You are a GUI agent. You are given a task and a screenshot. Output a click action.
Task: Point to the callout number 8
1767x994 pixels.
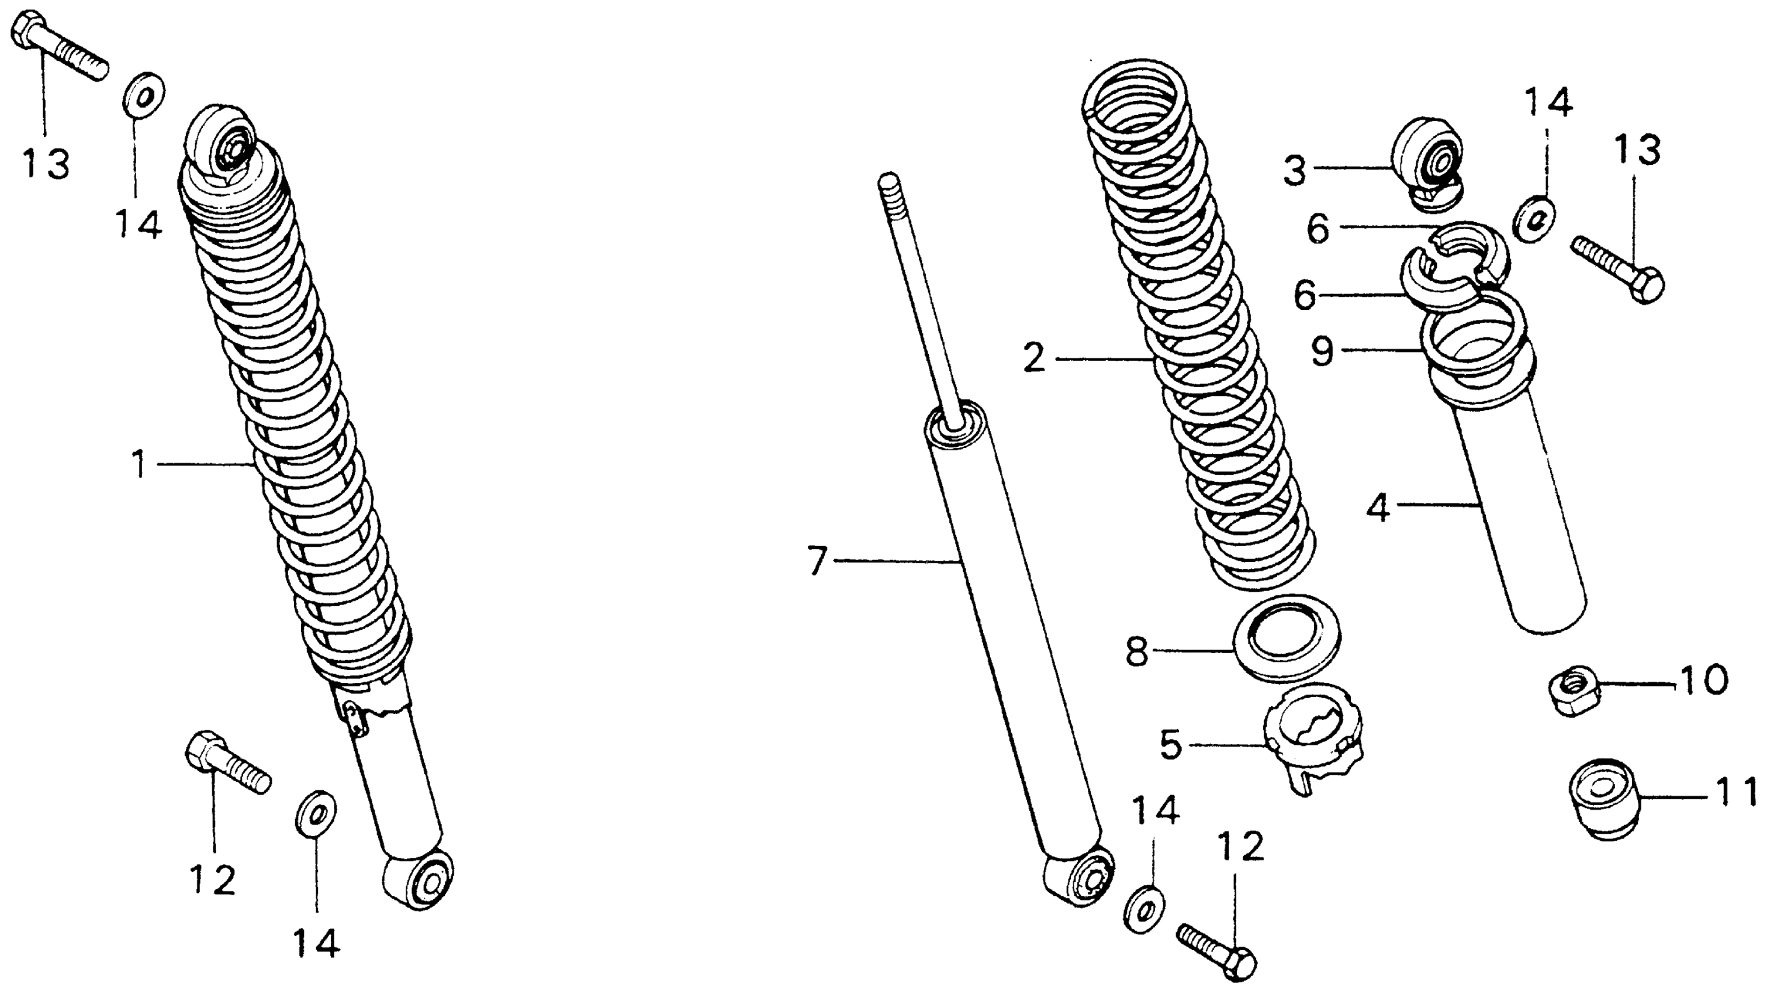point(1137,652)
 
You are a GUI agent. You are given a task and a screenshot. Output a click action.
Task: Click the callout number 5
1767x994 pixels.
point(1171,744)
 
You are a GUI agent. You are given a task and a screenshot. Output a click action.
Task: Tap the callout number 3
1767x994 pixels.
point(1296,170)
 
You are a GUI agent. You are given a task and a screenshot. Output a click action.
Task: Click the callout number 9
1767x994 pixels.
point(1322,351)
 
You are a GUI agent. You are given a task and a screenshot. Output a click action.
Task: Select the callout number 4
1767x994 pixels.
point(1379,508)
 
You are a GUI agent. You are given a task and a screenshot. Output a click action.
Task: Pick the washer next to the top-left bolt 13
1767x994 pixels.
point(143,94)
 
